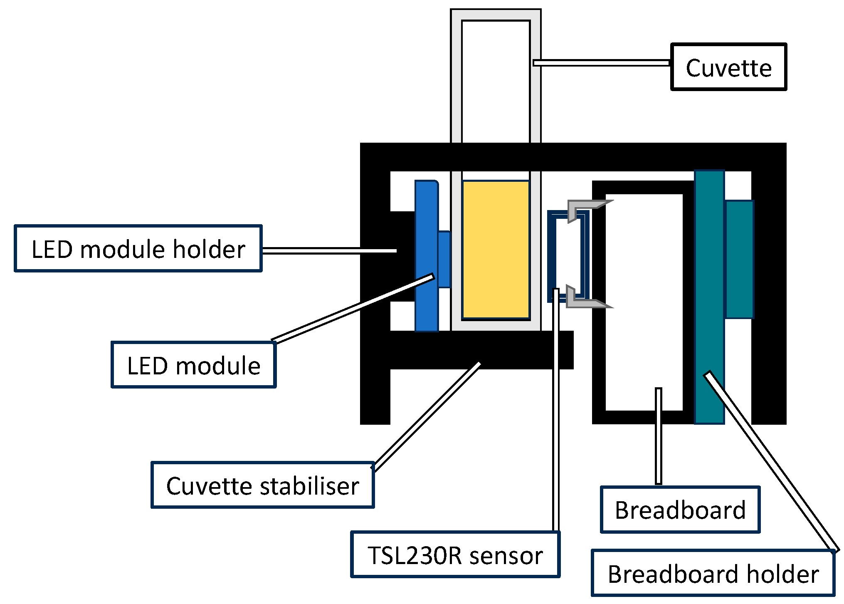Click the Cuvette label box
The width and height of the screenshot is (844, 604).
click(x=728, y=67)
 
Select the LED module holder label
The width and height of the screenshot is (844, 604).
click(x=138, y=249)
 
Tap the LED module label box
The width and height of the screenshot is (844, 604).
click(x=193, y=365)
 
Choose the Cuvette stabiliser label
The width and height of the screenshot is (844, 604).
click(x=262, y=485)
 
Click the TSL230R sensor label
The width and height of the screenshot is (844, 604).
click(x=455, y=554)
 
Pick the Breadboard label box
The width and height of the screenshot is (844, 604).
click(x=680, y=510)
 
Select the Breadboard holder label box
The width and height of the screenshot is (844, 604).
click(x=713, y=574)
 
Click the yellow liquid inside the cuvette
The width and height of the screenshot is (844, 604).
click(x=496, y=250)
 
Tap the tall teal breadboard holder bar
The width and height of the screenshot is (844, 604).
click(x=709, y=291)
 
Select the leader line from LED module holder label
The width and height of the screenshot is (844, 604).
click(x=328, y=250)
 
